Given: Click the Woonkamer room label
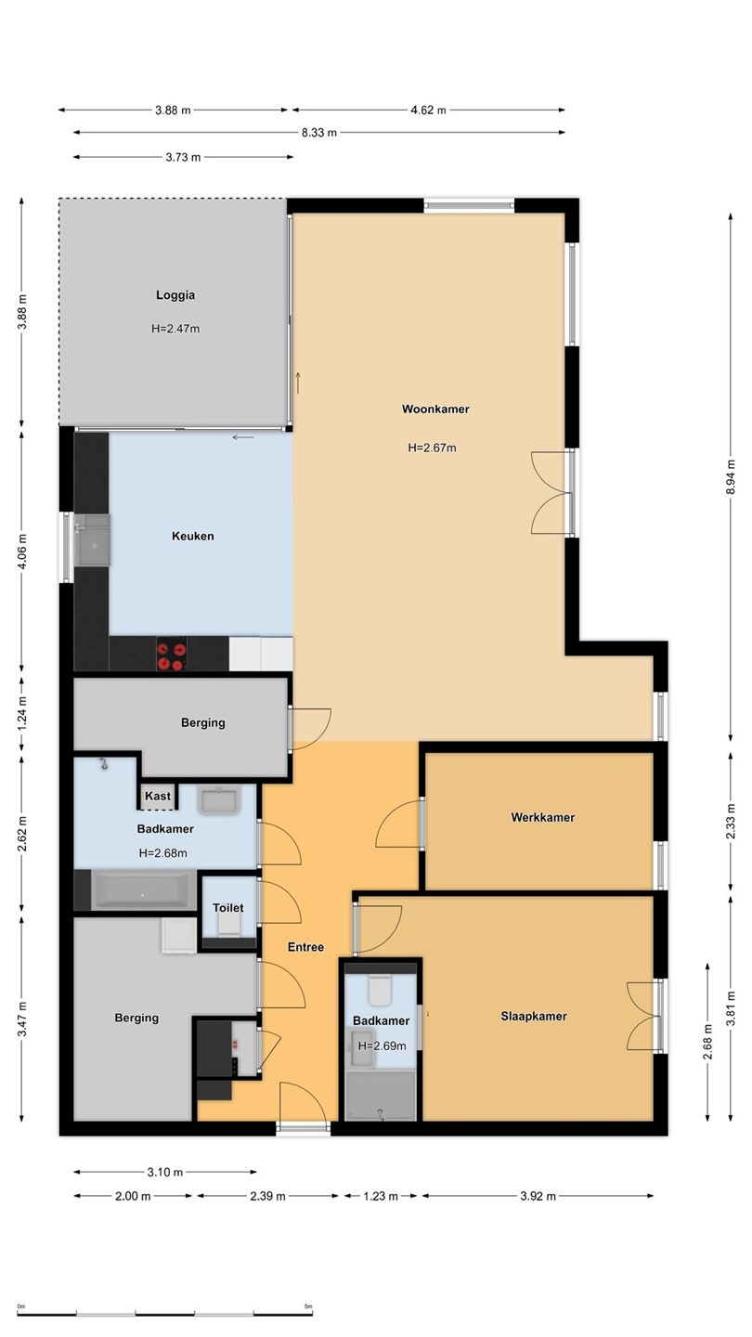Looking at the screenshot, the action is (x=435, y=409).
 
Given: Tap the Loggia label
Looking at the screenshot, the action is (x=175, y=295).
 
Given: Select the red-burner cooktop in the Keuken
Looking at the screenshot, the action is (x=171, y=655).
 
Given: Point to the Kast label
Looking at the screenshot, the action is (x=158, y=796).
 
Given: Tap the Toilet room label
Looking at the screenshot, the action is (x=228, y=908).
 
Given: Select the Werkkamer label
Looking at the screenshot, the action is (x=542, y=817).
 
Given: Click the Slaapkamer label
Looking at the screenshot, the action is (x=534, y=1016).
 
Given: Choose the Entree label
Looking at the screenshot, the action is (x=305, y=947).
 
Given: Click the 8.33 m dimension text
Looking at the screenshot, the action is (x=319, y=133).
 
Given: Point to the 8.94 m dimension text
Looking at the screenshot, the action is (x=732, y=476).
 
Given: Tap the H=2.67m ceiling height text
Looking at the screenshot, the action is (x=432, y=448).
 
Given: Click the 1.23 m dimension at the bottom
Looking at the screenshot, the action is (x=381, y=1196).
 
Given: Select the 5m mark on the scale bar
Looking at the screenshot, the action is (x=308, y=1306).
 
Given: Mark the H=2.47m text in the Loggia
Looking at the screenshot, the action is (x=175, y=329).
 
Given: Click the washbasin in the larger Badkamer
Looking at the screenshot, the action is (x=219, y=799).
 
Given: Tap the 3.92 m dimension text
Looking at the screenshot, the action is (x=538, y=1196).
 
